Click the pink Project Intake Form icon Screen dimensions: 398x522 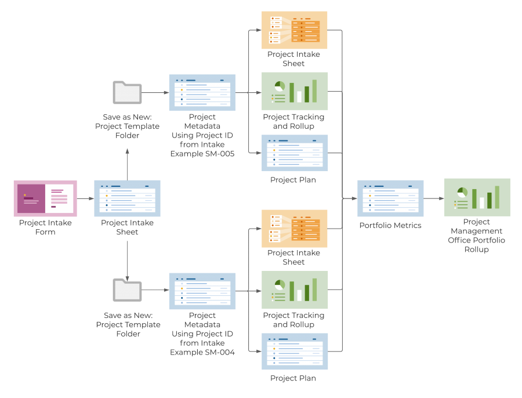pos(45,199)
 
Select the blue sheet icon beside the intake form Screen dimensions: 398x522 pos(127,198)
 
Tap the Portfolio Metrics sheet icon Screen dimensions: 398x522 pos(390,198)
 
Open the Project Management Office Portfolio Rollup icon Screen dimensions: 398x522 pos(477,197)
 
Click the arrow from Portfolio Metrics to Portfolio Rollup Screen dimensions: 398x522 pos(433,198)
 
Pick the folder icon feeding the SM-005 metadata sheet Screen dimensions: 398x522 pos(127,92)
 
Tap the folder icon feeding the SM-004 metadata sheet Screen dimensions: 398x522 pos(127,290)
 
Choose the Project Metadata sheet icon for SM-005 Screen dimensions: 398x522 pos(202,92)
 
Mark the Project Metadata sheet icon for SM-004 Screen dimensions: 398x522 pos(202,291)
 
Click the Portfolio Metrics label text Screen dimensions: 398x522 pos(390,225)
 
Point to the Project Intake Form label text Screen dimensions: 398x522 pos(45,227)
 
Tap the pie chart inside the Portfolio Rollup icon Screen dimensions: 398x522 pos(462,192)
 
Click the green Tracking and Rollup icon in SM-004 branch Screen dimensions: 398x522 pos(294,290)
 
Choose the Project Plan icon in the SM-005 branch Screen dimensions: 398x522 pos(294,153)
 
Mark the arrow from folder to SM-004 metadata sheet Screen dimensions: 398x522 pos(155,290)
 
